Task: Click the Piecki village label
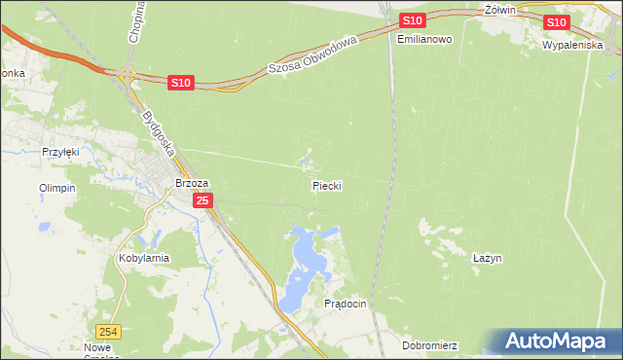(x=327, y=185)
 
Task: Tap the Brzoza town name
(x=192, y=183)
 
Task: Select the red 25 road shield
(x=202, y=200)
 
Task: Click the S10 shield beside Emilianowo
(x=412, y=20)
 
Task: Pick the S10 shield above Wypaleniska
(x=556, y=22)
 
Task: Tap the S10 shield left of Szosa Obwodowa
(x=180, y=84)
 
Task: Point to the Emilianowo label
(x=425, y=40)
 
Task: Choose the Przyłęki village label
(x=59, y=152)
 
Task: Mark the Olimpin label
(x=56, y=188)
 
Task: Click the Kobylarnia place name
(x=143, y=259)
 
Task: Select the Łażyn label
(x=487, y=258)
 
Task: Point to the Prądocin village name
(x=345, y=304)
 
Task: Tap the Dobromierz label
(x=429, y=345)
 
